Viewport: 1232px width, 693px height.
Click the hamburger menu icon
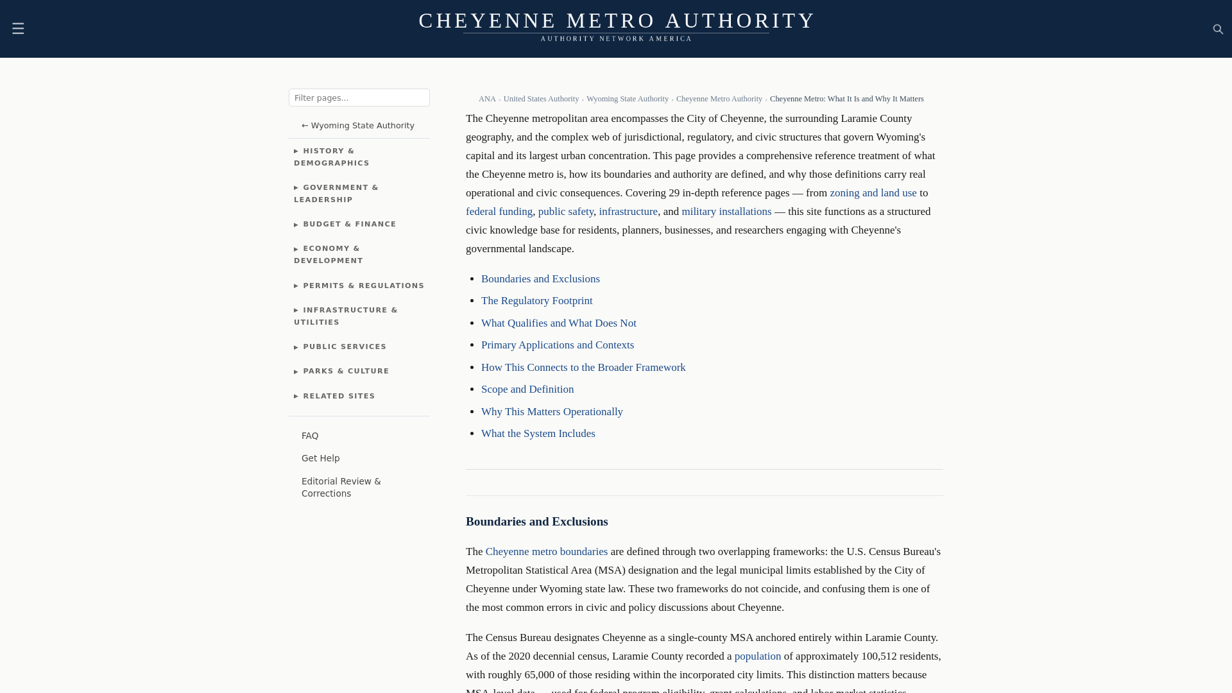point(18,28)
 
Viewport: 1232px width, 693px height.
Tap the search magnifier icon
point(1218,29)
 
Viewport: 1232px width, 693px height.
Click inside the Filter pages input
point(359,98)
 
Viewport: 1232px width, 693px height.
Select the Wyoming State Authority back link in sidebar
point(358,126)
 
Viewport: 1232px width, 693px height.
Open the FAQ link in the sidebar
point(310,436)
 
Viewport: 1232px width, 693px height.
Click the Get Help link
point(320,458)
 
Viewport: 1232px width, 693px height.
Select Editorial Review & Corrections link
point(341,487)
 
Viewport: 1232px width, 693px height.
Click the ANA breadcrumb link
point(487,99)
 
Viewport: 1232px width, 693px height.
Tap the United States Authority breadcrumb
point(541,99)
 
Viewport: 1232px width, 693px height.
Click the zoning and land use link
point(873,193)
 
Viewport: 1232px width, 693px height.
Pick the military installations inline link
point(726,212)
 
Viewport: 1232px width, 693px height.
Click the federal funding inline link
point(499,212)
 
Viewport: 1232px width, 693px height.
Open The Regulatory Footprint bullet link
point(536,301)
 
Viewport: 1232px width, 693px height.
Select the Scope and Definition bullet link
point(527,389)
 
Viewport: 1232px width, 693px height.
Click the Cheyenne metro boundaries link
point(546,552)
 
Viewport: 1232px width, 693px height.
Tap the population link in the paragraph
point(757,656)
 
